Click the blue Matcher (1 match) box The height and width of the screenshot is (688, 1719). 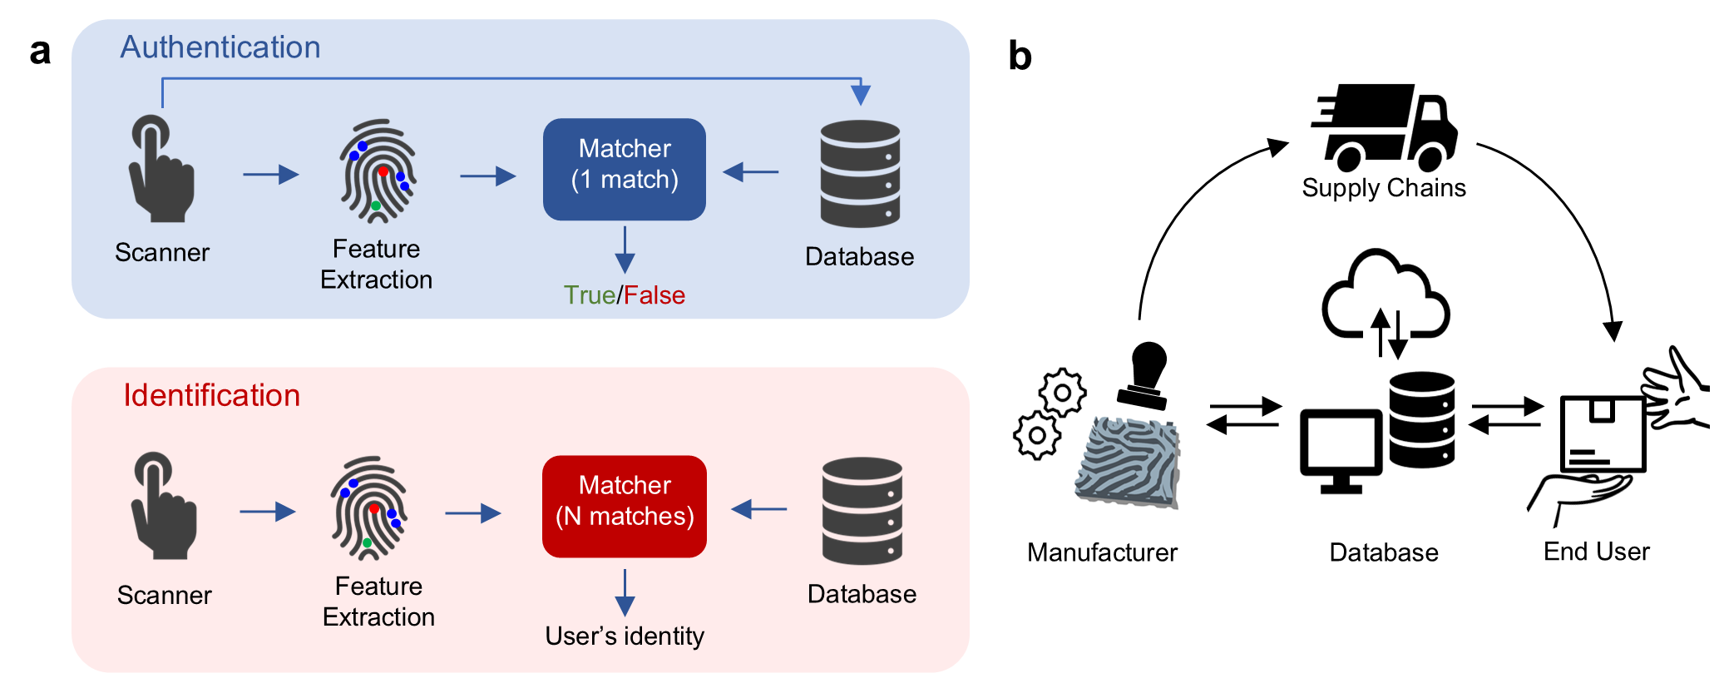click(624, 169)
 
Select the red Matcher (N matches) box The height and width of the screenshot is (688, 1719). click(624, 506)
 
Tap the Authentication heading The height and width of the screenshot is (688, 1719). click(220, 47)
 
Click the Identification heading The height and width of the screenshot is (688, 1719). click(211, 395)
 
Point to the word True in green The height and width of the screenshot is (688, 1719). click(589, 295)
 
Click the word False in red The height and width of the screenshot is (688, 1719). click(655, 295)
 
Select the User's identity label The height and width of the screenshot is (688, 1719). click(625, 636)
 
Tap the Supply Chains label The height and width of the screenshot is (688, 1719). click(1384, 188)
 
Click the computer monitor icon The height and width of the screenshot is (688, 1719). click(1341, 449)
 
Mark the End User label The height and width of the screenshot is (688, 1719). click(1596, 552)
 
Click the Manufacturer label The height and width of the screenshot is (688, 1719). click(1102, 552)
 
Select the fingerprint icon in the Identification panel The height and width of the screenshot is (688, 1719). click(370, 507)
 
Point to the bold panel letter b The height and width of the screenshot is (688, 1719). click(1020, 56)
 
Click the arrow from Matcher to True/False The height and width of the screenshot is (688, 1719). click(625, 249)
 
